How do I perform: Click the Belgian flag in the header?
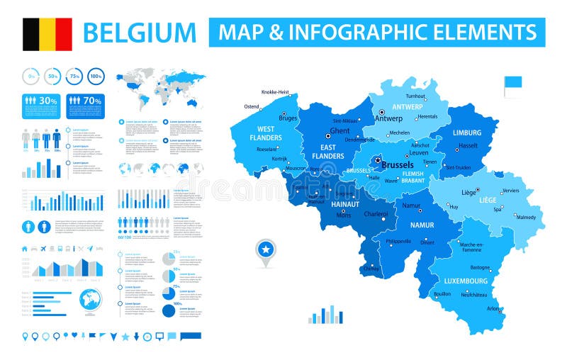(47, 34)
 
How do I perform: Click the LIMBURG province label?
(467, 133)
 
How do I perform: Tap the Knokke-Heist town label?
(275, 92)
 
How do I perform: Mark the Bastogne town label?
(480, 267)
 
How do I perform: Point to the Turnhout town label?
(415, 96)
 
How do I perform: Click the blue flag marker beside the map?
(512, 84)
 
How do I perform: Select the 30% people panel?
(40, 101)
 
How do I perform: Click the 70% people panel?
(85, 101)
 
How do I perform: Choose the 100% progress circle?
(96, 76)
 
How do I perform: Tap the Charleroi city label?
(376, 213)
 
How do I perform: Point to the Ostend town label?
(252, 106)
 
